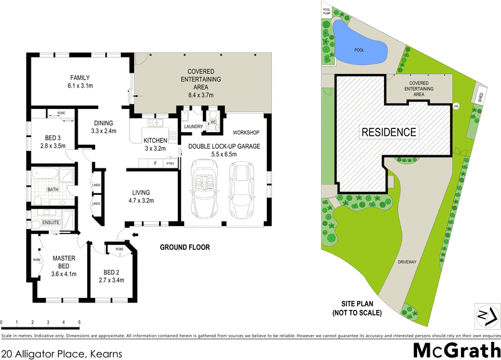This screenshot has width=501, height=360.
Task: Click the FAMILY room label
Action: coord(81,77)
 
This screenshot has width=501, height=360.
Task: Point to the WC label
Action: coord(213,122)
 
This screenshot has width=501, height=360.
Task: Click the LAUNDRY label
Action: coord(193,126)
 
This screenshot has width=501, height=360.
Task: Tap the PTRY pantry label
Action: coord(170,163)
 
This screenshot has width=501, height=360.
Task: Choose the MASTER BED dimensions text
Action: coord(64,274)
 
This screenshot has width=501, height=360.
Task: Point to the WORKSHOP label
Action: coord(245,133)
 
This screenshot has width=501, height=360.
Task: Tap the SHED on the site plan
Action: coord(480,97)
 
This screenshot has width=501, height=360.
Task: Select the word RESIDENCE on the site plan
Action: coord(388,132)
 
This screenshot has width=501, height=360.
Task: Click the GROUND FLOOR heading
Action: coord(185,247)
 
